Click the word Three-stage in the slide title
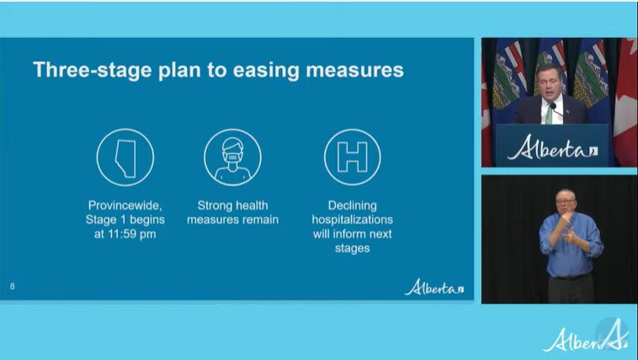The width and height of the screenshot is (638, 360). (x=93, y=70)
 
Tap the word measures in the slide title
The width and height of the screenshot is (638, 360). (x=354, y=70)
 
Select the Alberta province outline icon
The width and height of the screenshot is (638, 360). (x=125, y=157)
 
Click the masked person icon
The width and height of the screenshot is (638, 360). (x=232, y=157)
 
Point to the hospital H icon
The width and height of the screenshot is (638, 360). (x=353, y=157)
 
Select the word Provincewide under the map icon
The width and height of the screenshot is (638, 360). (x=125, y=205)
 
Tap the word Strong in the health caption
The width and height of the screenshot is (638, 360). (x=212, y=205)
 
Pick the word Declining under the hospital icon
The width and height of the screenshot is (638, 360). (x=353, y=205)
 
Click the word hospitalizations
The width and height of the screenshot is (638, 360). (x=353, y=220)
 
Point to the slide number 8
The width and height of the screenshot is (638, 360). (x=13, y=286)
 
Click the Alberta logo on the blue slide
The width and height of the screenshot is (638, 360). (x=433, y=287)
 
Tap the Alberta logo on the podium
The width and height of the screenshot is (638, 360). (x=552, y=147)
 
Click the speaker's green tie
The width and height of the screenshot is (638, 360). (x=549, y=114)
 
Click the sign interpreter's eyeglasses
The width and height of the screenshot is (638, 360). (x=565, y=201)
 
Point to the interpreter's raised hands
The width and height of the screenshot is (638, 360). (x=567, y=228)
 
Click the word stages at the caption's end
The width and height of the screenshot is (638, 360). (x=353, y=248)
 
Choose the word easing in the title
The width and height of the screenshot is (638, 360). (x=267, y=71)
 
